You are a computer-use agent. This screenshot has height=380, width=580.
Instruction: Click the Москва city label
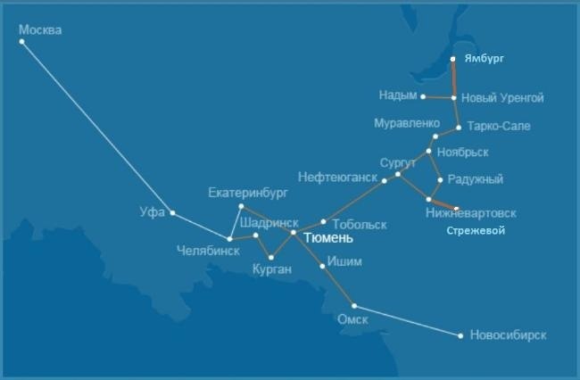click(x=40, y=30)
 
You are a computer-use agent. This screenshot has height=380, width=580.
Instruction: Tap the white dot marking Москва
click(x=21, y=41)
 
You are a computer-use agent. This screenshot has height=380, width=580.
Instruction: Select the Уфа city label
click(x=153, y=212)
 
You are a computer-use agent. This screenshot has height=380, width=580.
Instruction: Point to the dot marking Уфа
click(x=172, y=212)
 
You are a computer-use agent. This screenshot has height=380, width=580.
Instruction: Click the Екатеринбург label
click(x=247, y=193)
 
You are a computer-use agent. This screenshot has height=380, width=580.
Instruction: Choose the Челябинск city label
click(x=208, y=251)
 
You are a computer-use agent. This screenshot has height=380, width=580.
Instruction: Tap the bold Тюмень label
click(x=328, y=238)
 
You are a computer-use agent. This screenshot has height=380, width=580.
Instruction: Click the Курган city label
click(x=272, y=268)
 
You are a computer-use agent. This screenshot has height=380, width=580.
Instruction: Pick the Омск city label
click(x=352, y=319)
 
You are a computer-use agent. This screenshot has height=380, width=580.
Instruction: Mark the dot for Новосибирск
click(x=460, y=336)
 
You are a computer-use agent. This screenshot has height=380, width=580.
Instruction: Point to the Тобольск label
click(x=360, y=224)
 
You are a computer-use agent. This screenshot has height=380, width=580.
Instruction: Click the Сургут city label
click(x=398, y=162)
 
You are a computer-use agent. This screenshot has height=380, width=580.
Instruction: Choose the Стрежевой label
click(x=476, y=230)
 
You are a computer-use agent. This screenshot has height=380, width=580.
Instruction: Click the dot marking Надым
click(x=423, y=96)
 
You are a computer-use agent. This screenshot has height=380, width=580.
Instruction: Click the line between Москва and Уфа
click(x=96, y=127)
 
